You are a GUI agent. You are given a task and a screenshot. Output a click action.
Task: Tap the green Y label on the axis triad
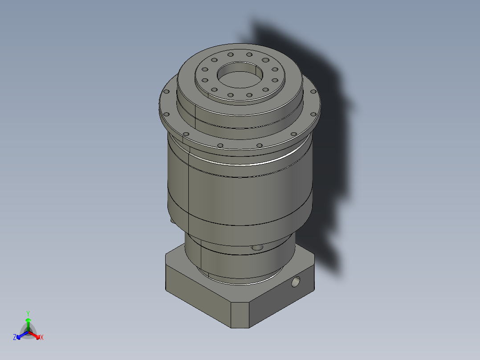[28, 313]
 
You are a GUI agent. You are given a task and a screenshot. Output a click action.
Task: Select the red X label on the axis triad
[42, 338]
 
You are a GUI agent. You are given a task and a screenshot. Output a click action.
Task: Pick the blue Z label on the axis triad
[15, 338]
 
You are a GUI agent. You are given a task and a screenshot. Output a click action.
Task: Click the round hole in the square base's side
[295, 282]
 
